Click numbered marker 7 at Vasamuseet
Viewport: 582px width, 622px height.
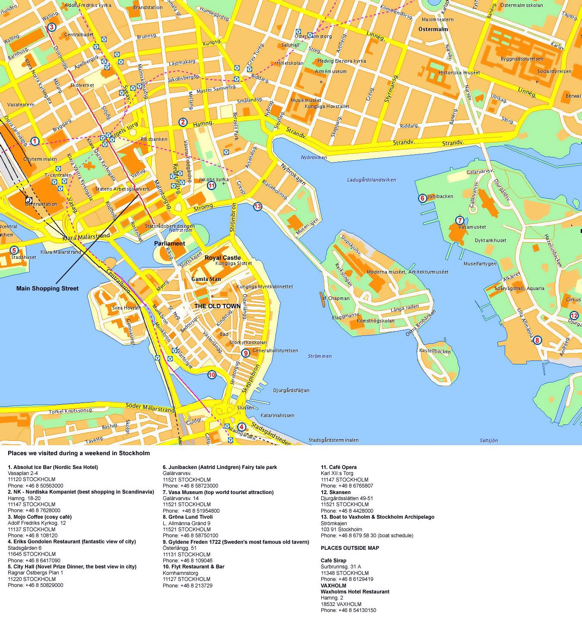pos(460,220)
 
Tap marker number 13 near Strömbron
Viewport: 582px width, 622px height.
pos(258,206)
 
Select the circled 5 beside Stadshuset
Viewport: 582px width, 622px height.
pos(14,250)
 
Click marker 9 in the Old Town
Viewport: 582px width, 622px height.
pos(246,353)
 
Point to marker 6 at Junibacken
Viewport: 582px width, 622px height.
pos(422,198)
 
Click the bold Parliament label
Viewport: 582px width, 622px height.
pos(169,243)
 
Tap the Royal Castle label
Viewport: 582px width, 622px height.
pos(222,258)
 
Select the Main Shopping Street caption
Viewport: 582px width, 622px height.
pos(47,288)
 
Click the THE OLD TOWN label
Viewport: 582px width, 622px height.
pos(217,306)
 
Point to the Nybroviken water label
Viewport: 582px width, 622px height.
pos(314,157)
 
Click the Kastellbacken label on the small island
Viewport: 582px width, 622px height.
pos(434,351)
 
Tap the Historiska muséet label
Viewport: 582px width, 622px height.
pos(459,73)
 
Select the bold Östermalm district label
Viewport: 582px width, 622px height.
pos(433,29)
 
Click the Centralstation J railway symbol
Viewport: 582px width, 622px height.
pos(29,200)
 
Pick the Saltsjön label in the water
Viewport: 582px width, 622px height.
pos(489,440)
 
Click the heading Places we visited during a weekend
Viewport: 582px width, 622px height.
pos(79,453)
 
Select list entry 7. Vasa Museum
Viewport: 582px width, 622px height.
pos(218,492)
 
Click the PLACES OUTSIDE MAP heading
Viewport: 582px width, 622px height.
pos(350,548)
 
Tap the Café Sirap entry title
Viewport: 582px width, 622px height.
pos(333,560)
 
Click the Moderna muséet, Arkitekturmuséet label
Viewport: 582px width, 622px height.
pos(407,272)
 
